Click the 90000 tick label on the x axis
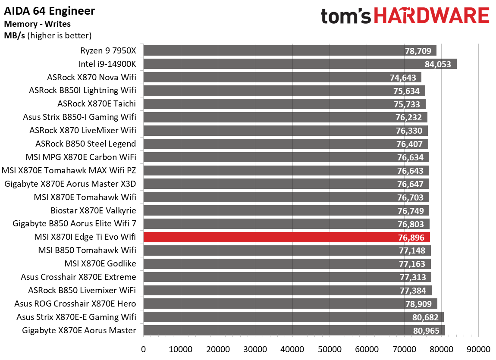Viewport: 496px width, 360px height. (479, 348)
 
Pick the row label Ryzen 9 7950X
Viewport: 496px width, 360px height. (108, 51)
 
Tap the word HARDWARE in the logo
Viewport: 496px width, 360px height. (432, 16)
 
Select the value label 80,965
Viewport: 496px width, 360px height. (426, 331)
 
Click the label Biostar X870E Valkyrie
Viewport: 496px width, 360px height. (93, 210)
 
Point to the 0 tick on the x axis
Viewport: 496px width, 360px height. (143, 348)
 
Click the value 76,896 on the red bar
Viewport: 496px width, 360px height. (411, 238)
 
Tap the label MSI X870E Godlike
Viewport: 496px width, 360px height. (100, 264)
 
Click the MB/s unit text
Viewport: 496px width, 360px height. (14, 35)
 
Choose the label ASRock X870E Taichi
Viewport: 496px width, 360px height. (97, 104)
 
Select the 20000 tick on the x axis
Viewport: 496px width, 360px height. (218, 348)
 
